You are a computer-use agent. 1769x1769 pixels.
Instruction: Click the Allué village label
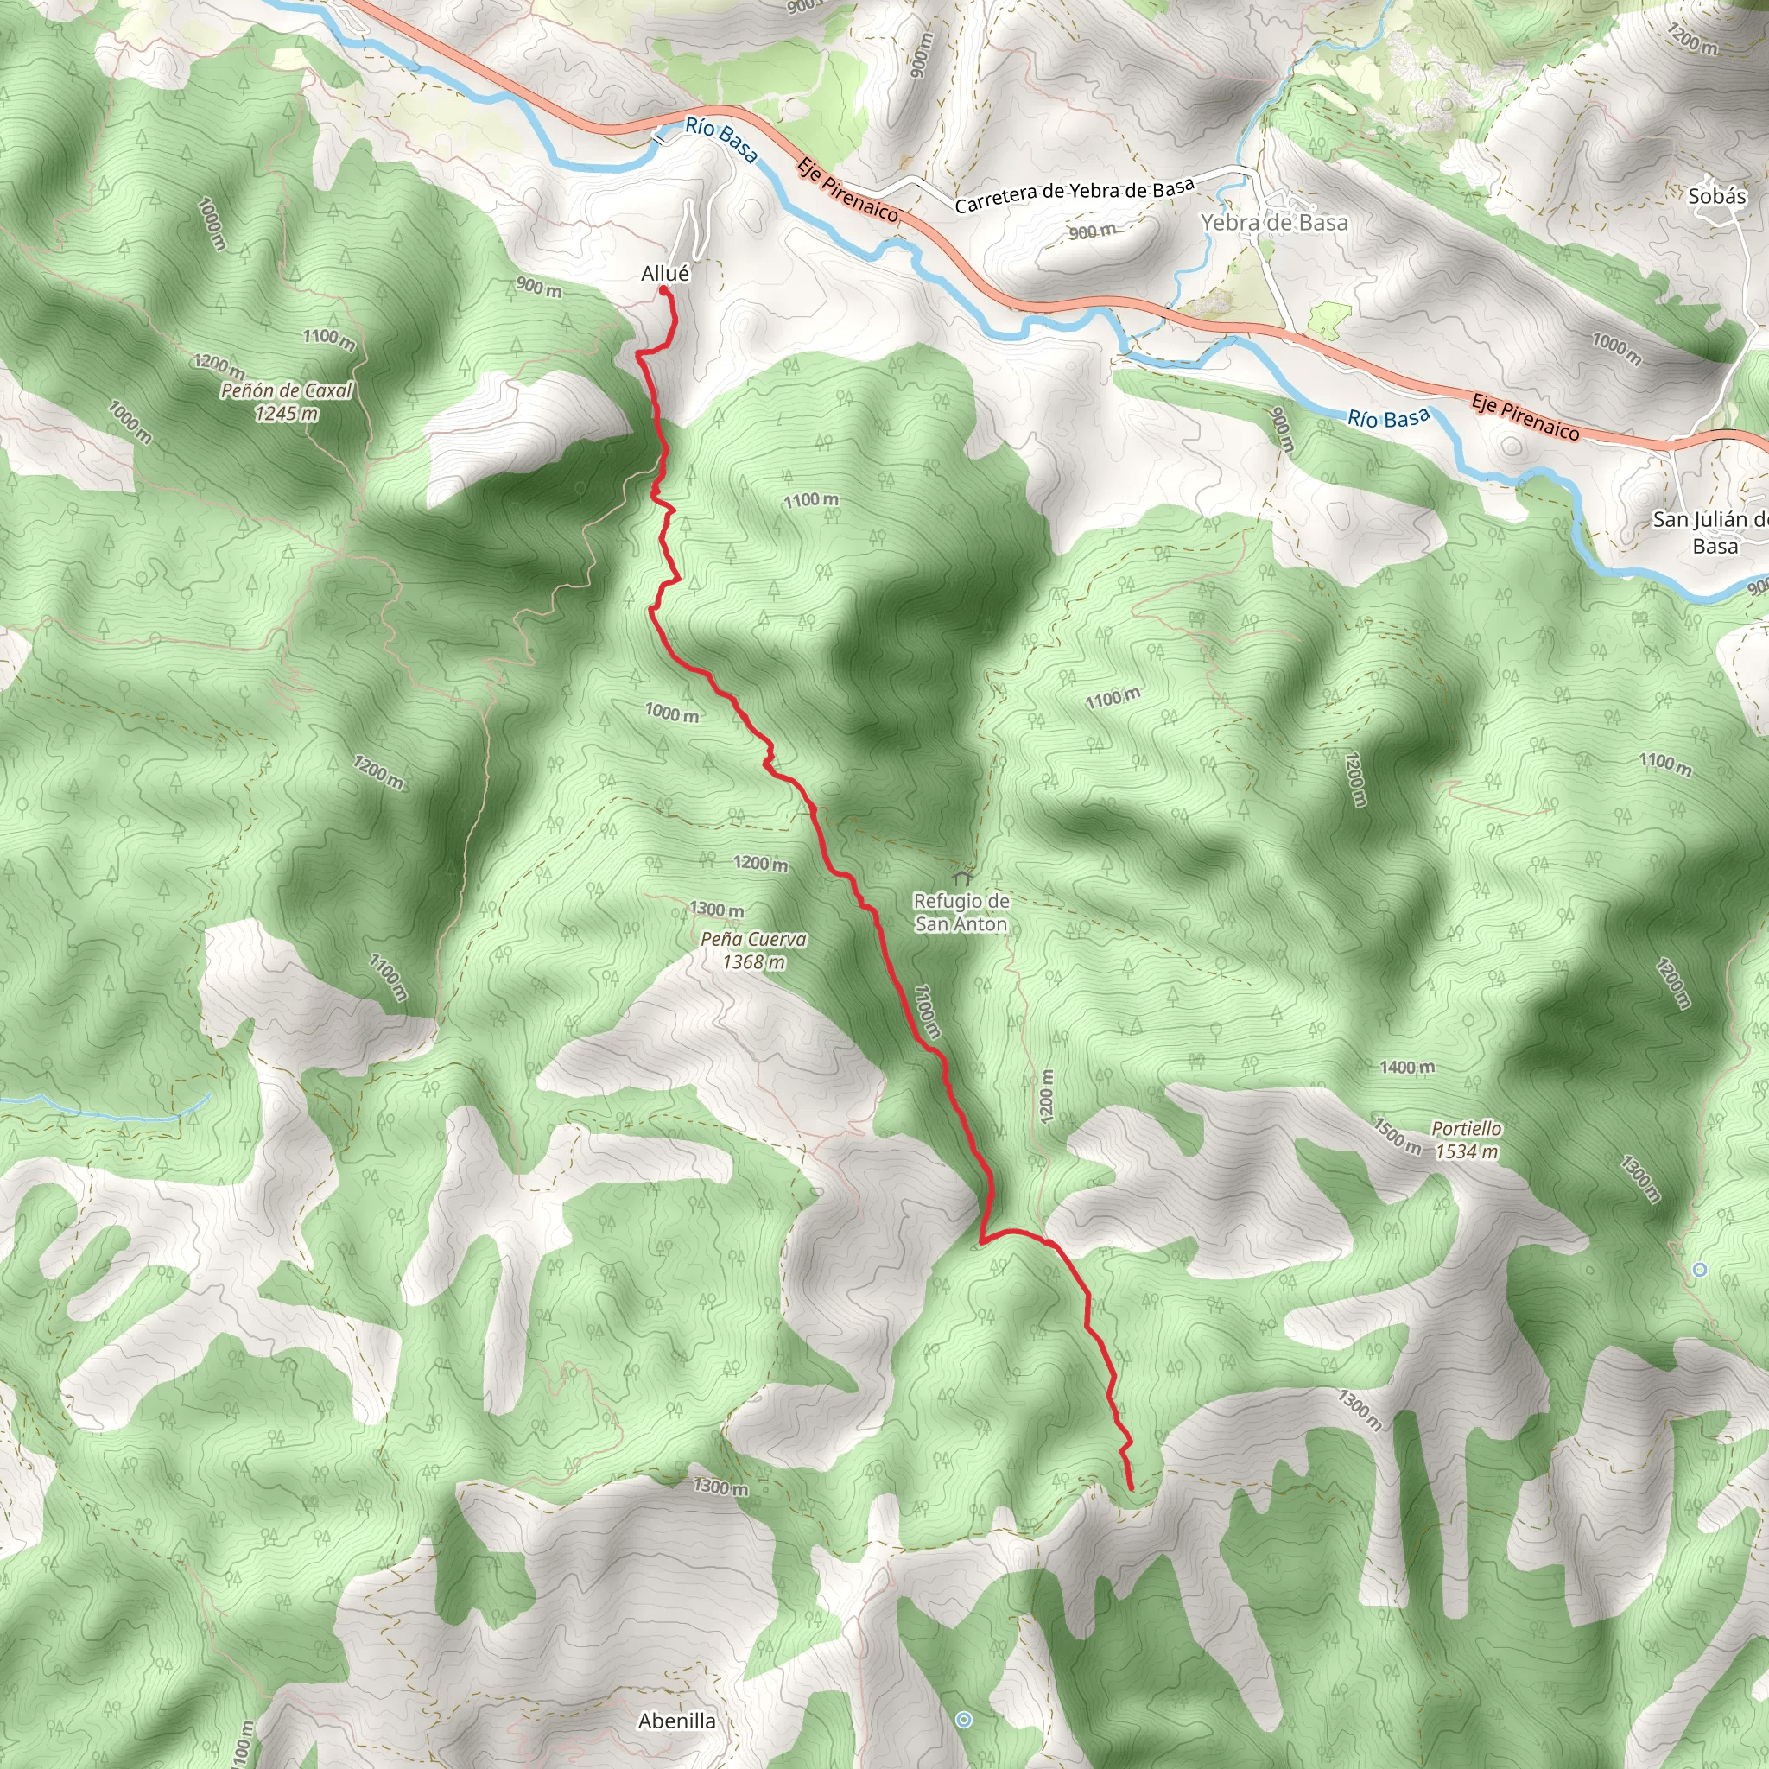click(x=665, y=273)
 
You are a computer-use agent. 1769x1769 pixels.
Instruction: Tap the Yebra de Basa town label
click(x=1274, y=223)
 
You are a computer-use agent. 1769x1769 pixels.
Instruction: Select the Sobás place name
click(x=1717, y=196)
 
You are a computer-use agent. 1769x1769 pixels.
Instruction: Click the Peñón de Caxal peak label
click(x=287, y=391)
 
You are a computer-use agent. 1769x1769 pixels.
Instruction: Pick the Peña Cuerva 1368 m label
click(x=753, y=950)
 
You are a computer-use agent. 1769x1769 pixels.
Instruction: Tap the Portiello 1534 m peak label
click(x=1466, y=1140)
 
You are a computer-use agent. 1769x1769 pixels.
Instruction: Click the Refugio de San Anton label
click(x=961, y=912)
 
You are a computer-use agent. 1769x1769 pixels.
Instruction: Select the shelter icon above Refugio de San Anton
click(x=961, y=878)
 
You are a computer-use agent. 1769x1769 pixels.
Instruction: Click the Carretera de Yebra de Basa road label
click(x=1074, y=196)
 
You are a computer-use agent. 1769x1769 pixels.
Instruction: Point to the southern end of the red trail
click(x=1132, y=1488)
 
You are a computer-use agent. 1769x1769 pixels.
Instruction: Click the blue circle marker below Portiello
click(x=1699, y=1269)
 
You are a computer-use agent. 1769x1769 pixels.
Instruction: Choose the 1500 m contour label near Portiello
click(x=1396, y=1135)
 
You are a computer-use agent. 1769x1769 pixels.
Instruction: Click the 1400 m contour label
click(x=1406, y=1068)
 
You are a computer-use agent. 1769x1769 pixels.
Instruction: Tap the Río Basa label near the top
click(x=721, y=141)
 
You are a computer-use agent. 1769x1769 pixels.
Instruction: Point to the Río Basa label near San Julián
click(x=1388, y=418)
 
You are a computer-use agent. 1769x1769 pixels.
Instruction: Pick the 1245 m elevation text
click(x=287, y=414)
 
